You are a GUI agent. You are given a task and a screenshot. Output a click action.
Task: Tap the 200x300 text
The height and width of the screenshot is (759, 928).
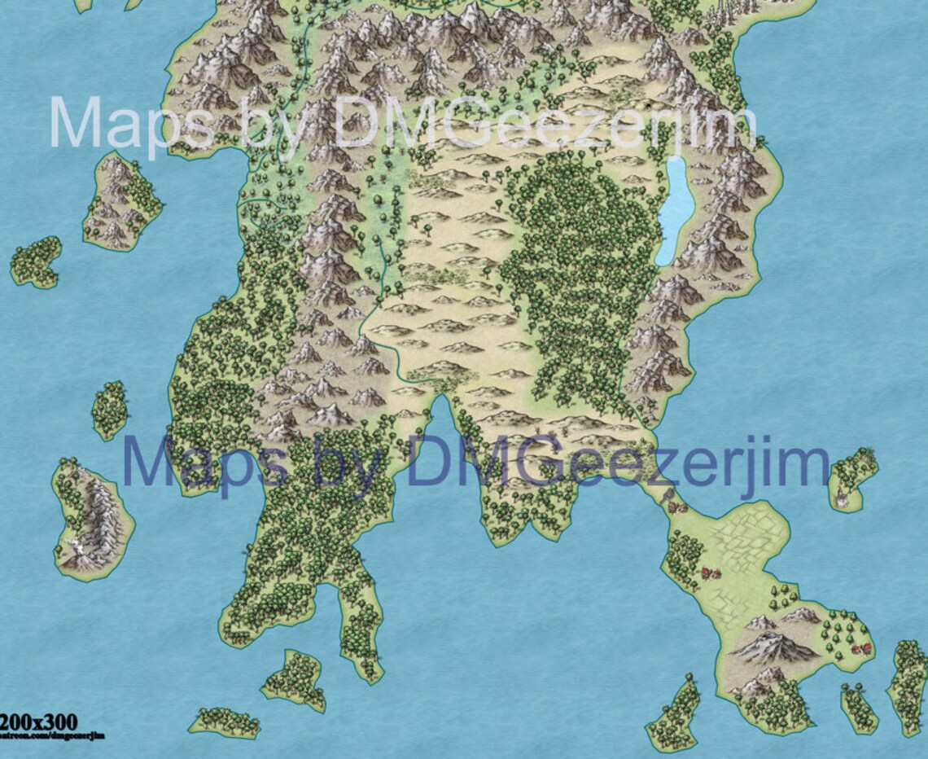click(39, 721)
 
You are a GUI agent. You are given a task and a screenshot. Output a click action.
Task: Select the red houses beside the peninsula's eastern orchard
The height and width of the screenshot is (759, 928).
click(861, 648)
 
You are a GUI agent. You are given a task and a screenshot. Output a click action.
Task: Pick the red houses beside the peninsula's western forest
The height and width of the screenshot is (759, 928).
click(711, 573)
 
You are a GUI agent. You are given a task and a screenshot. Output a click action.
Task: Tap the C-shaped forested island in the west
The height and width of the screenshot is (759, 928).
click(36, 261)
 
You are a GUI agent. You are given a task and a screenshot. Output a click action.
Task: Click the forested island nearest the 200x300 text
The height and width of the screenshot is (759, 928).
click(224, 722)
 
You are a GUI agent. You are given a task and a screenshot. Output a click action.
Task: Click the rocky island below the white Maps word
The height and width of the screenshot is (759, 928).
click(120, 200)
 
